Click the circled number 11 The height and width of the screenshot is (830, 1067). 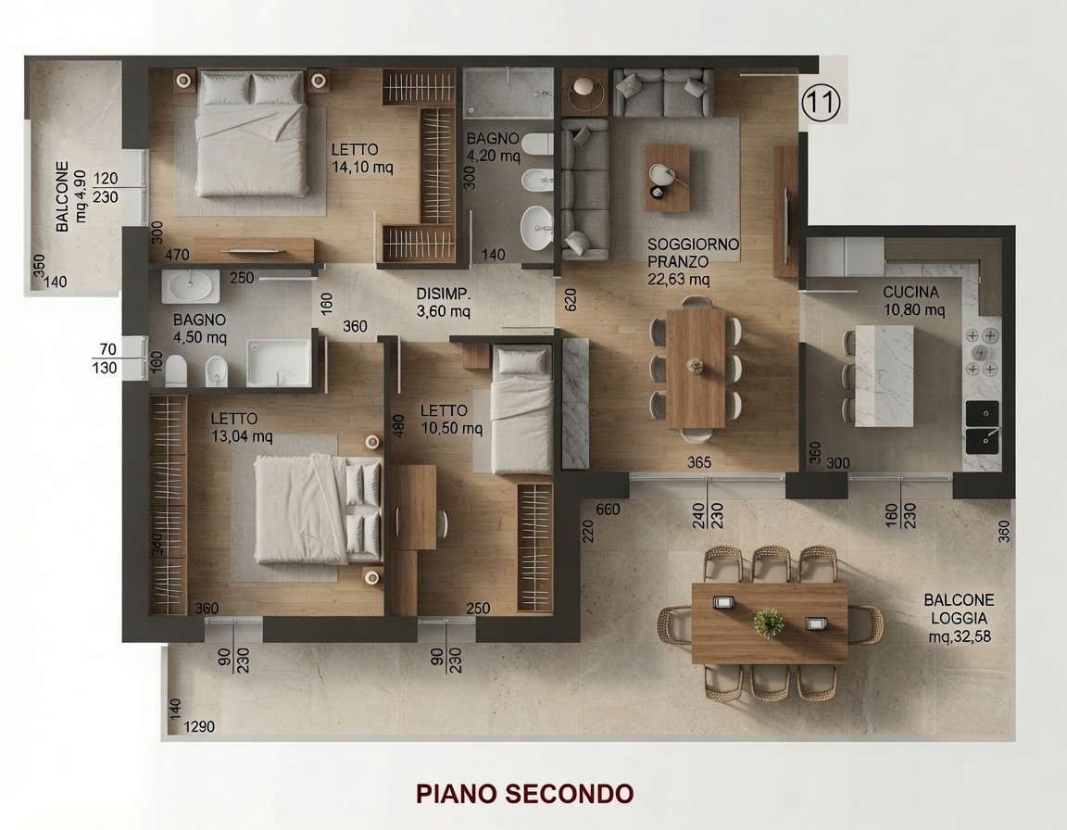821,102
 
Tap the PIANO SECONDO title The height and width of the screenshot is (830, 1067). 524,793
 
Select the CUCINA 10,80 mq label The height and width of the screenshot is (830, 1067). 913,301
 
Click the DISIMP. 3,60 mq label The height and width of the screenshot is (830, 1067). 444,303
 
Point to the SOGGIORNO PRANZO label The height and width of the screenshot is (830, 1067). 693,261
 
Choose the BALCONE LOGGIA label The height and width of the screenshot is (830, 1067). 959,618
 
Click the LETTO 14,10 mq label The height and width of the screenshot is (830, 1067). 362,157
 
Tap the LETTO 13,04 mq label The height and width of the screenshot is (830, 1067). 242,427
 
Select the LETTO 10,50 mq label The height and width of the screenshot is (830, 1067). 451,419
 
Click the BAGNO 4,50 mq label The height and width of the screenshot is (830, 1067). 199,328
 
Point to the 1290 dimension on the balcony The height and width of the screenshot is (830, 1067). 199,726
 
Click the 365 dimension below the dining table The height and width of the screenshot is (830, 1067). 699,462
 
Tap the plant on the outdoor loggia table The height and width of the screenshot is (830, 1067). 768,622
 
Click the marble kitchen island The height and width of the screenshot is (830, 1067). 884,375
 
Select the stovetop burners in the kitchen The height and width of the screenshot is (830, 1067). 981,352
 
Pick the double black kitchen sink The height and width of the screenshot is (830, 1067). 983,427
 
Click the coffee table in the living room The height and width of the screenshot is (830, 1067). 667,178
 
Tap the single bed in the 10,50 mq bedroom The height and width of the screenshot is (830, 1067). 521,409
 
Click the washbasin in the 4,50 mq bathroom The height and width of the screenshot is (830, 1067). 191,285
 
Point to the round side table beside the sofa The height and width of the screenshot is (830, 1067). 584,88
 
